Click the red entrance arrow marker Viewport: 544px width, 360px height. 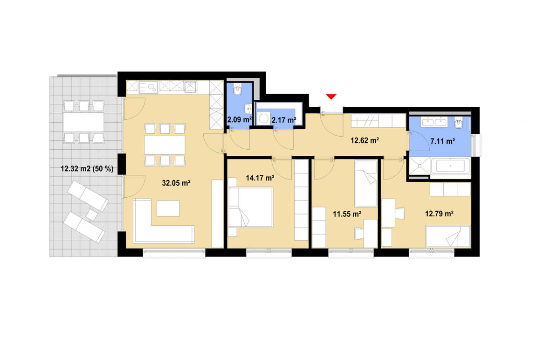pyautogui.click(x=331, y=97)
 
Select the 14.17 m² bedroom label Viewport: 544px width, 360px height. pyautogui.click(x=260, y=177)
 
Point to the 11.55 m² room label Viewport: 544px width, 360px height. pyautogui.click(x=347, y=214)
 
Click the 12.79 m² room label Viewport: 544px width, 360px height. pyautogui.click(x=439, y=214)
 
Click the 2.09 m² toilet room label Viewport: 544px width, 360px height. pyautogui.click(x=240, y=120)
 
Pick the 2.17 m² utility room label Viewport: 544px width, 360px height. pyautogui.click(x=284, y=120)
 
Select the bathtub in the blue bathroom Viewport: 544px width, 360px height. pyautogui.click(x=450, y=166)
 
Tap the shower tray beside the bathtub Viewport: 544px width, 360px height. pyautogui.click(x=419, y=166)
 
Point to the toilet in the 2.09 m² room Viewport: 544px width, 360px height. pyautogui.click(x=238, y=89)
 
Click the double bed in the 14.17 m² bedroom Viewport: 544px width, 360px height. pyautogui.click(x=251, y=207)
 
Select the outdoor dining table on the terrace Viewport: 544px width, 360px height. pyautogui.click(x=84, y=122)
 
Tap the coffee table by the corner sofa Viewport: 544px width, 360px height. pyautogui.click(x=168, y=208)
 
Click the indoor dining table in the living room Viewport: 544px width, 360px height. pyautogui.click(x=165, y=145)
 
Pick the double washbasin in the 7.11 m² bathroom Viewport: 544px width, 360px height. pyautogui.click(x=434, y=123)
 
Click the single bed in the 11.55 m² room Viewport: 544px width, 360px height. pyautogui.click(x=365, y=183)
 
